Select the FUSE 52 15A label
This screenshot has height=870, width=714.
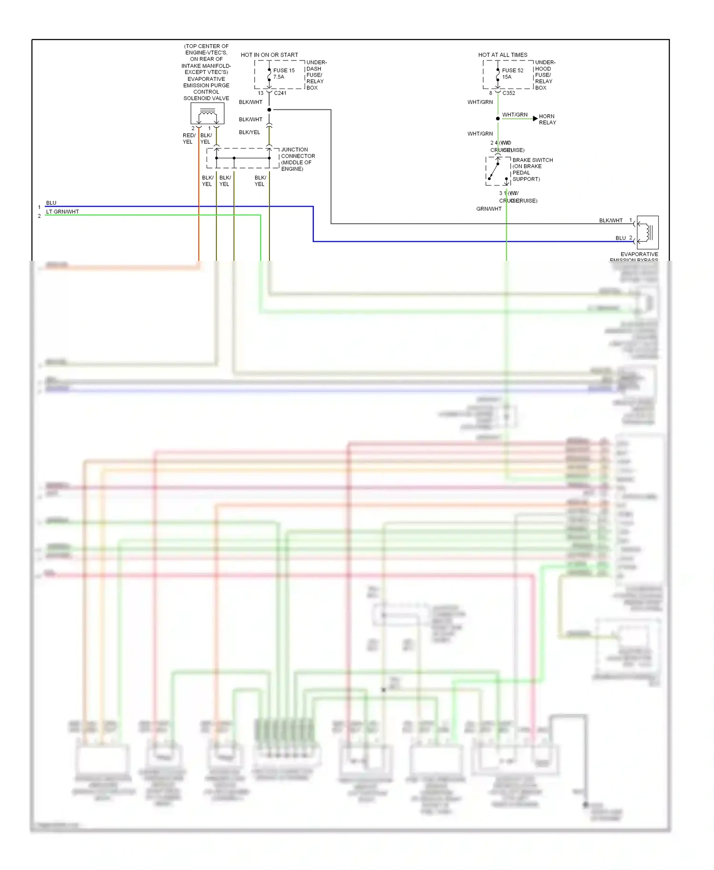512,73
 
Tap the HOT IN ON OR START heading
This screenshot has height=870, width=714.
269,55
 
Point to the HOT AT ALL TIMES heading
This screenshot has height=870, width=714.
503,55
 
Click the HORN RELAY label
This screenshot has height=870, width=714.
547,119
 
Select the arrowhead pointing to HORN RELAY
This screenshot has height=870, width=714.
535,118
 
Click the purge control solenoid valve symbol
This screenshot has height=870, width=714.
208,114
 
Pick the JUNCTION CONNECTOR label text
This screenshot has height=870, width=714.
297,159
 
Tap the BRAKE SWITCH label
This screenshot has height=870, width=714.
532,169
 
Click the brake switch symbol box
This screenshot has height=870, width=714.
498,171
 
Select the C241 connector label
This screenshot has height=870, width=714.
280,93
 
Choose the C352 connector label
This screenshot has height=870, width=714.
508,93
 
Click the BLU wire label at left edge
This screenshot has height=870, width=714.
51,203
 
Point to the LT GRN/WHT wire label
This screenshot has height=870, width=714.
62,212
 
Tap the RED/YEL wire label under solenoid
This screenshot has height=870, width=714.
188,138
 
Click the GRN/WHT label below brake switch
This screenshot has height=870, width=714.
489,209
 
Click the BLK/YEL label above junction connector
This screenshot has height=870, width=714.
249,132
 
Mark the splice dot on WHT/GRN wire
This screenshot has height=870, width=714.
498,119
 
